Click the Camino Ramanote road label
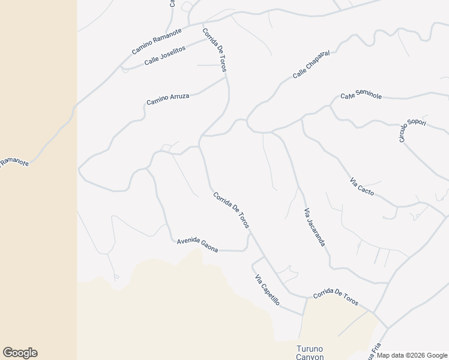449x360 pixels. [x=152, y=44]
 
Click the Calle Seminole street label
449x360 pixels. [x=361, y=95]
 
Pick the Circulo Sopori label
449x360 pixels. [x=412, y=130]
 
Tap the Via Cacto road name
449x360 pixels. [x=362, y=187]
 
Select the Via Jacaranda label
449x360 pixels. [x=315, y=227]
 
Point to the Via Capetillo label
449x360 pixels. [x=267, y=290]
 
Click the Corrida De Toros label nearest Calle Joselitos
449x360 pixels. [x=214, y=50]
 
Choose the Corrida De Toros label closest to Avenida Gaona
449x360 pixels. [x=231, y=210]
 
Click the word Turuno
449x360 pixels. [x=310, y=349]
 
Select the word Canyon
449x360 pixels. [x=310, y=356]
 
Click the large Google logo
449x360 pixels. [x=20, y=353]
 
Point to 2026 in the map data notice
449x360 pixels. [x=414, y=355]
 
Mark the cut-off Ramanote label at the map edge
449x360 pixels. [x=13, y=161]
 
